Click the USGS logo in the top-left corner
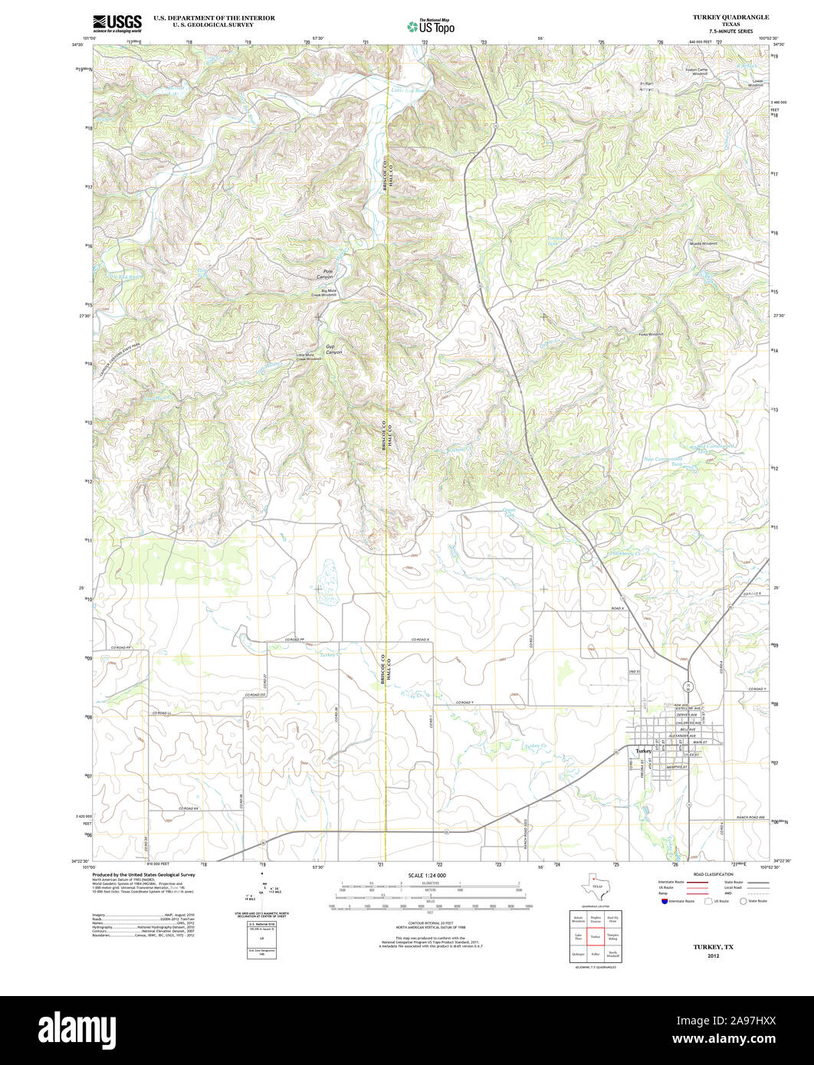[117, 24]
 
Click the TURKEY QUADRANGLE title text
[724, 17]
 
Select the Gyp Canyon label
[333, 349]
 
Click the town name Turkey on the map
[642, 750]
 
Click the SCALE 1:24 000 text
[427, 875]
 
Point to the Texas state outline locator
[596, 885]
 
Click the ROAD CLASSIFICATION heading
[713, 874]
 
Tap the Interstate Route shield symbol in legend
[663, 901]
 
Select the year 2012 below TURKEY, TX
[714, 956]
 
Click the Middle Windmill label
[704, 243]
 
